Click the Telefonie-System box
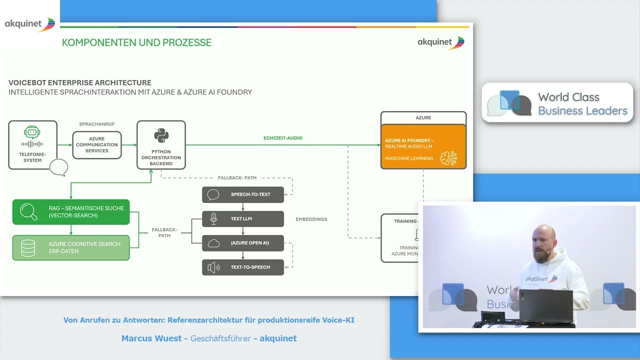point(33,145)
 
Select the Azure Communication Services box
point(97,145)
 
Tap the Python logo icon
point(161,135)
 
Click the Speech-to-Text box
point(243,194)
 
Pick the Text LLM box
point(243,218)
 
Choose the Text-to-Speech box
point(243,267)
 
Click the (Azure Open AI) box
point(243,243)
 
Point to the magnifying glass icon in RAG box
point(28,212)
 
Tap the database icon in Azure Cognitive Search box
point(28,248)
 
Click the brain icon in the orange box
point(448,158)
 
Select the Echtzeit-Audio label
point(283,138)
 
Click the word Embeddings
point(311,219)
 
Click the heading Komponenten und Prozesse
point(136,42)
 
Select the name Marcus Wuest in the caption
point(151,338)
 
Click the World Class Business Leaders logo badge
point(557,103)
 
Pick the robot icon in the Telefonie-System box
point(32,132)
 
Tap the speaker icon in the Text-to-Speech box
point(213,267)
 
